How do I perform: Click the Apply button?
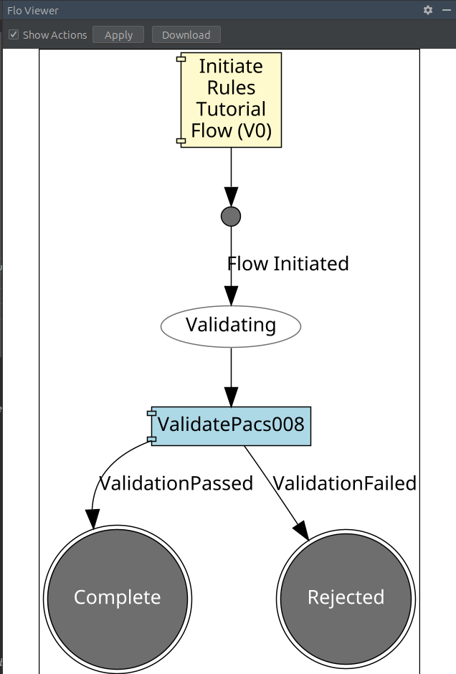[118, 34]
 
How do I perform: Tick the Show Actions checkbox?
[14, 34]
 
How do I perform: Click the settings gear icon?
[428, 10]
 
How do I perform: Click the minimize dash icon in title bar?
[446, 10]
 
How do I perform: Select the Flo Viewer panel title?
[33, 11]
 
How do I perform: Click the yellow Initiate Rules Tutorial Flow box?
[231, 99]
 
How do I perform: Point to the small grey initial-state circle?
[231, 216]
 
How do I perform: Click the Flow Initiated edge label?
[288, 264]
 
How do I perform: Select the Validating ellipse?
[231, 326]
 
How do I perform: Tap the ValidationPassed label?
[176, 483]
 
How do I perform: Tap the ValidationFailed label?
[345, 483]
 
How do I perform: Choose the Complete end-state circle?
[118, 597]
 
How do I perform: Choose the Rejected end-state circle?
[346, 597]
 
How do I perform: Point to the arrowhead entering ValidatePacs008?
[231, 397]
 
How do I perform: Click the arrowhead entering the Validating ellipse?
[231, 295]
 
